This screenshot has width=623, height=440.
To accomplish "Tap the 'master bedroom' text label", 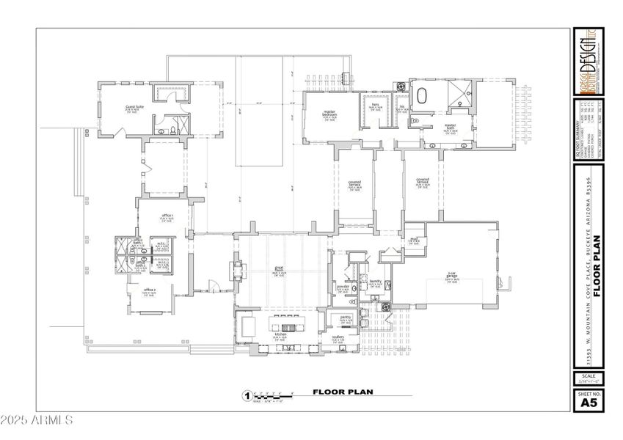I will (x=329, y=114).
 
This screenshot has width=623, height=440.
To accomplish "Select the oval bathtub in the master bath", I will (x=423, y=95).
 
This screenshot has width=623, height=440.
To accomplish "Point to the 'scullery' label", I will (x=338, y=337).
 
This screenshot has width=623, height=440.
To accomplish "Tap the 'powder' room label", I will (x=343, y=287).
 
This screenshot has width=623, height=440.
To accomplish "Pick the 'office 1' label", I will (x=166, y=216).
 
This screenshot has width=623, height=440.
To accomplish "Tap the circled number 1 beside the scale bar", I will (x=247, y=396).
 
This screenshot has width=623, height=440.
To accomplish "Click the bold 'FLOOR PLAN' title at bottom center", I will (x=343, y=392).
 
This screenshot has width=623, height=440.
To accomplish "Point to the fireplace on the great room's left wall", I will (x=238, y=270).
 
